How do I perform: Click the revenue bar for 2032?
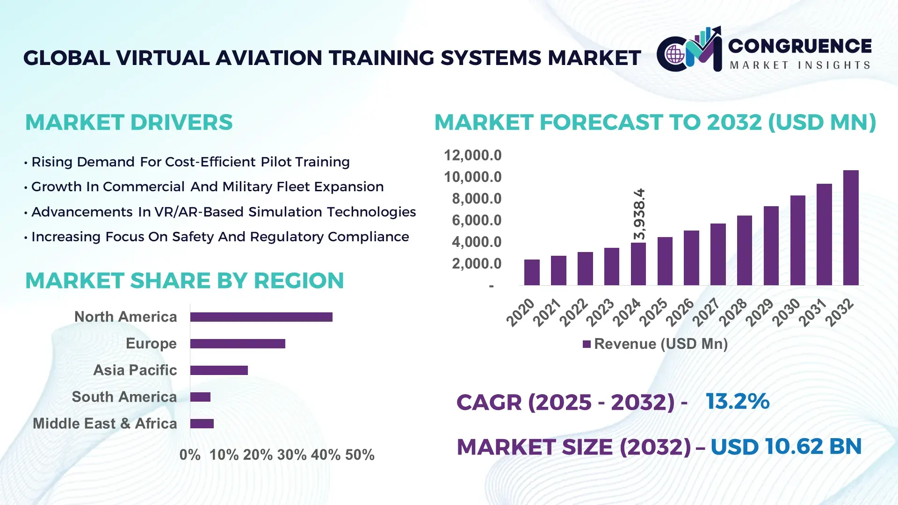[850, 228]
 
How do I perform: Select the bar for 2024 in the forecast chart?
[638, 264]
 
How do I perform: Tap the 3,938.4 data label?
[639, 214]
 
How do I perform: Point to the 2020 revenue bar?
[532, 272]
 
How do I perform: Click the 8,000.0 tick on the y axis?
[476, 199]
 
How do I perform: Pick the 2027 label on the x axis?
[706, 312]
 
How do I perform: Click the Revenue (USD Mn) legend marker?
[587, 344]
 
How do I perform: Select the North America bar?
[261, 317]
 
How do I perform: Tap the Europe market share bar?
[238, 344]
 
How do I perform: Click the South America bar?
[200, 397]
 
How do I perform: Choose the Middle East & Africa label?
[105, 424]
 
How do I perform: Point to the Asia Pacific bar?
[219, 370]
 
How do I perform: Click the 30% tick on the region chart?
[291, 454]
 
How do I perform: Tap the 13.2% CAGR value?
[737, 401]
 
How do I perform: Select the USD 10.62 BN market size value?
[786, 447]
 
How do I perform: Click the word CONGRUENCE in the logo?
[800, 46]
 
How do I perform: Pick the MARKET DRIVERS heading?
[129, 123]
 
